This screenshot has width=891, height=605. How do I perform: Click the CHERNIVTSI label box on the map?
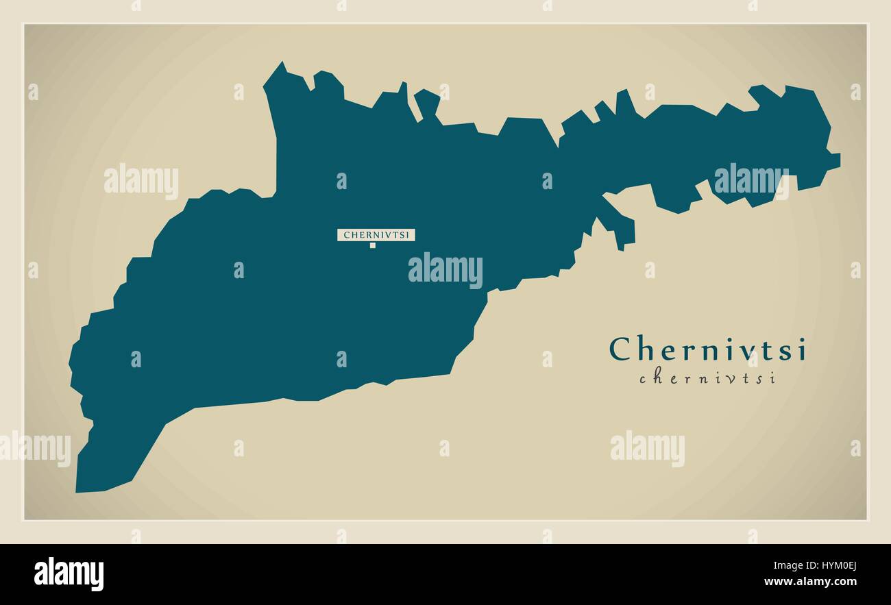376,235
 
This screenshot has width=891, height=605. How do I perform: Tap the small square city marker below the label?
373,245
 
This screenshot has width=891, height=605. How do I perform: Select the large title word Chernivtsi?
708,349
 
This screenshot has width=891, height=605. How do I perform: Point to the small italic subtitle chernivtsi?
707,378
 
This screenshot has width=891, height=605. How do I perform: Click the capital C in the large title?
621,349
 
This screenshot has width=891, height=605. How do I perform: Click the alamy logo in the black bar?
69,574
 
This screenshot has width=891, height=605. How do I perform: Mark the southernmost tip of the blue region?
77,491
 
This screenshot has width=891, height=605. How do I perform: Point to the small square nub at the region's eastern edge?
834,160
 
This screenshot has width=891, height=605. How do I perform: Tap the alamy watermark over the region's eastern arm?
751,180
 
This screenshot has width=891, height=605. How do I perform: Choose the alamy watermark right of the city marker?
445,270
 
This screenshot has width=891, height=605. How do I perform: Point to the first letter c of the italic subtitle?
644,379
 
